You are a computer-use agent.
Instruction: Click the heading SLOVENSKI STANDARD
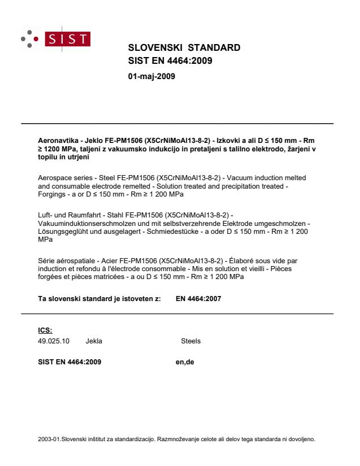pos(184,47)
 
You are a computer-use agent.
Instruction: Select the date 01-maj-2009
pos(152,76)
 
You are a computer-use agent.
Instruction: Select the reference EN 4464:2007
pos(198,299)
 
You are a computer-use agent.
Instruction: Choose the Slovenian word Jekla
pos(94,341)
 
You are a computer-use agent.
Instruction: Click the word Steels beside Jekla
pos(190,341)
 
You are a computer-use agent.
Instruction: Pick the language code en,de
pos(185,362)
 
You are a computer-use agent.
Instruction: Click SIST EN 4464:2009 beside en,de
pos(66,362)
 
